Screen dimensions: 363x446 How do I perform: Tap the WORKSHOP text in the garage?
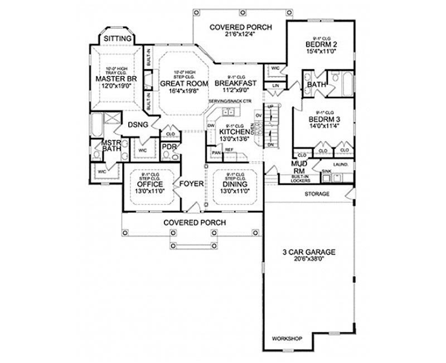click(287, 339)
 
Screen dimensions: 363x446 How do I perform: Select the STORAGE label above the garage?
click(317, 194)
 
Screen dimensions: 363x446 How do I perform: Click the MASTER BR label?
click(116, 79)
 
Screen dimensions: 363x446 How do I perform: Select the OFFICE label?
click(149, 184)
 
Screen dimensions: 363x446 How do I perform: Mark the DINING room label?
click(234, 184)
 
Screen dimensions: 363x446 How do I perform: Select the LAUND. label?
click(340, 165)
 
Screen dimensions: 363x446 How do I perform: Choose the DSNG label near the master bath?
click(138, 125)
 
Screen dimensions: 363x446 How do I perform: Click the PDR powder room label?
click(168, 147)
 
